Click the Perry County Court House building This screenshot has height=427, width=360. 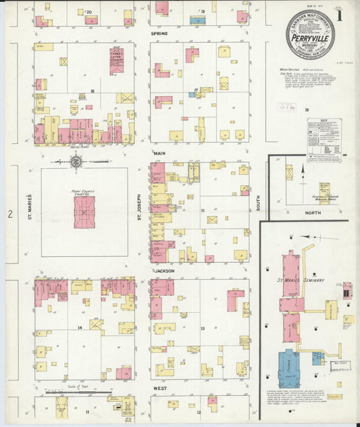84,212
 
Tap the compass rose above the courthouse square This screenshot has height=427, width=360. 76,161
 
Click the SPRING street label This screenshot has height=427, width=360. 159,33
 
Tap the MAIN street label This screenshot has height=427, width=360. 159,153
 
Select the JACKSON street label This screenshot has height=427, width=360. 163,270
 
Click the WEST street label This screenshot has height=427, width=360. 159,388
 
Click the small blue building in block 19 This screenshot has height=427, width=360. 197,21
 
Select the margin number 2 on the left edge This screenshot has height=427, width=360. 10,214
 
